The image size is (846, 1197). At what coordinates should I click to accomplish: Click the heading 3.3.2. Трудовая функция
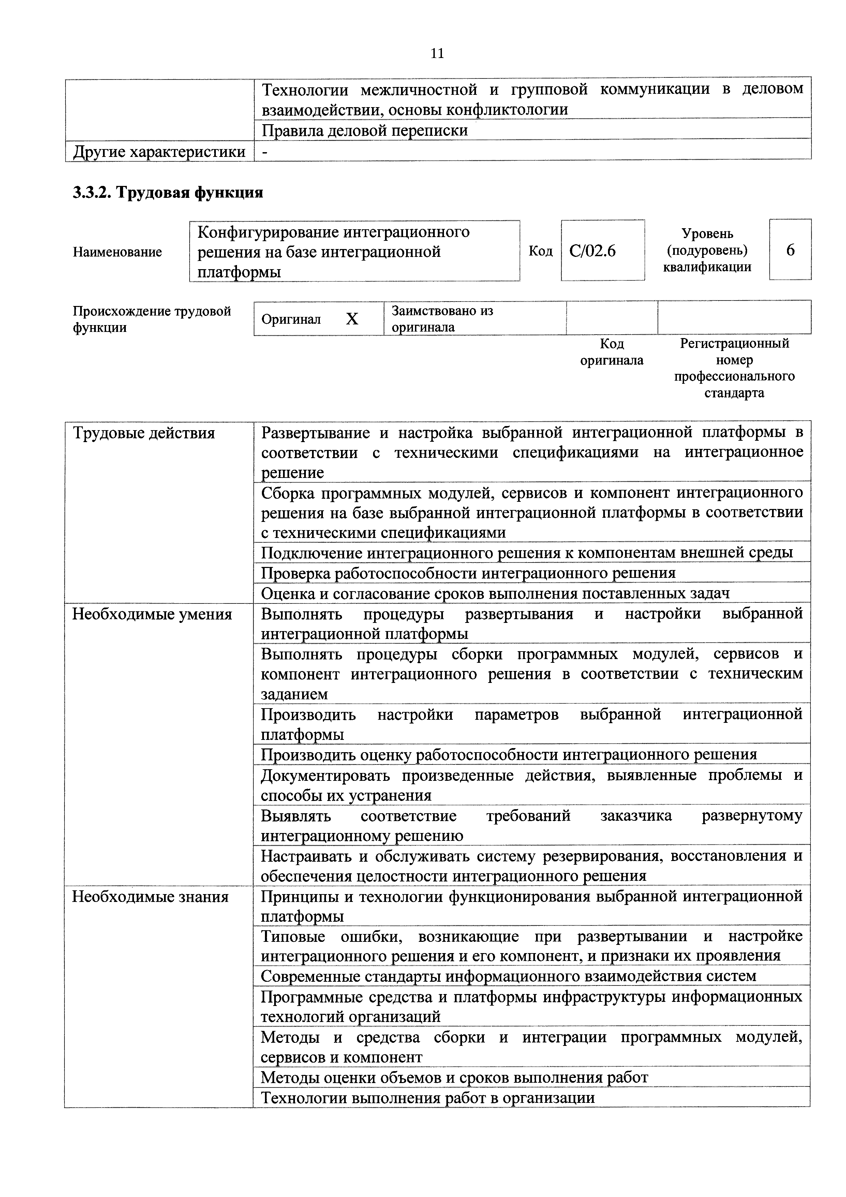168,192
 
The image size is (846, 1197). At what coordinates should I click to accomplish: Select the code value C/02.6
592,251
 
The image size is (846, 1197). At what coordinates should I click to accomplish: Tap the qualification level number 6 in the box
790,250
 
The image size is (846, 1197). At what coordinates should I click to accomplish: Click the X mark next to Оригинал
352,319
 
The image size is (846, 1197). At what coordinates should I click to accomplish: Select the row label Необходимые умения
152,614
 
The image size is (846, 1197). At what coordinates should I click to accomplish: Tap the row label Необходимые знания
150,897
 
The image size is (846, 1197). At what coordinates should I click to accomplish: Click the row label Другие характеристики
159,152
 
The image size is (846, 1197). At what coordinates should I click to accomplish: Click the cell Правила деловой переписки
365,130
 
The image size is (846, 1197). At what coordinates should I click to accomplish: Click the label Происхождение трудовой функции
151,319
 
